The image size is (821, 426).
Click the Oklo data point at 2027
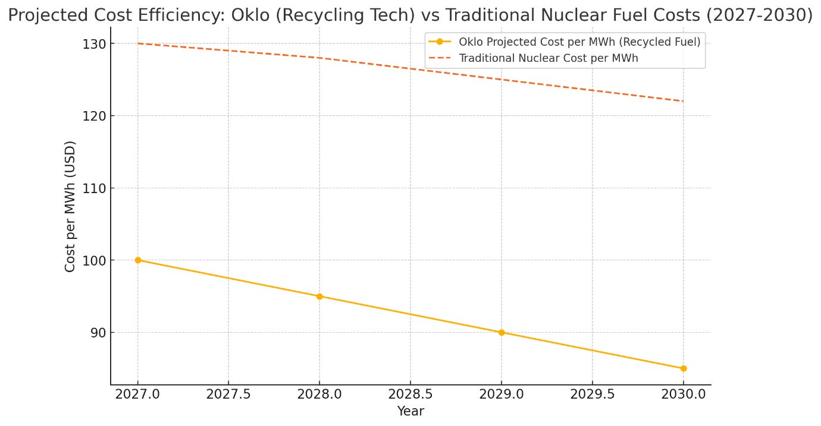click(138, 260)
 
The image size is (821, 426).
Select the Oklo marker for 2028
click(319, 296)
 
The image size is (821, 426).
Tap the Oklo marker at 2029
click(502, 333)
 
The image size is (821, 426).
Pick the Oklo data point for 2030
click(684, 368)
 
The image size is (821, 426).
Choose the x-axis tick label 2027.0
click(138, 395)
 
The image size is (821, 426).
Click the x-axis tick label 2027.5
click(228, 395)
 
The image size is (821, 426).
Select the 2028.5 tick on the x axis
click(411, 395)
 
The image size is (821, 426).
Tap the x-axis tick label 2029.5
click(593, 395)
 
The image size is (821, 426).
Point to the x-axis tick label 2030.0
click(684, 395)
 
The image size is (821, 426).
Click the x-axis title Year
click(411, 411)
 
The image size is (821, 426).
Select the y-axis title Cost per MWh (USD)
click(70, 206)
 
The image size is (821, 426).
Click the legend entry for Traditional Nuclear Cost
click(548, 58)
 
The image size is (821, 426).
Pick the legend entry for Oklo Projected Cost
click(579, 42)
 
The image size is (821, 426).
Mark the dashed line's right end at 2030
click(683, 101)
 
